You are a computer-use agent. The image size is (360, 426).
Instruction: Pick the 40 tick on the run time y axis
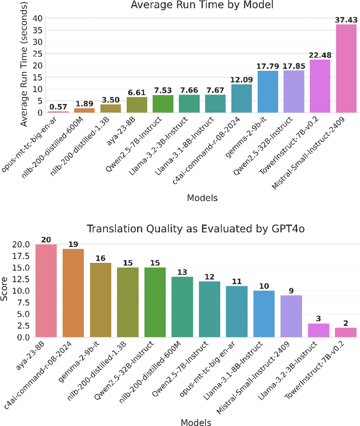(35, 18)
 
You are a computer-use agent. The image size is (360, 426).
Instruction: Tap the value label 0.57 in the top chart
(58, 106)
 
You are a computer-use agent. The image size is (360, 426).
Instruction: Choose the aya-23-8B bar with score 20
(46, 290)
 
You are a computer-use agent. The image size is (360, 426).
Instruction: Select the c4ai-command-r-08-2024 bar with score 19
(73, 293)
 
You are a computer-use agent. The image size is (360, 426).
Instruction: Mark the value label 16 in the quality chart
(100, 258)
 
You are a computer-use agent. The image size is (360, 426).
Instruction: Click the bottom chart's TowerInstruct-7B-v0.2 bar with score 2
(346, 333)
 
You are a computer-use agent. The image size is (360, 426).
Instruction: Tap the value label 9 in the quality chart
(291, 290)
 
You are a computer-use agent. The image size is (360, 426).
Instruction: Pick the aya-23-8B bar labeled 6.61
(137, 105)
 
